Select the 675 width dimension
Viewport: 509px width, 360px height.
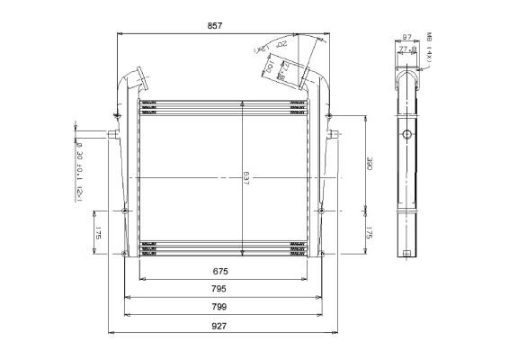point(219,271)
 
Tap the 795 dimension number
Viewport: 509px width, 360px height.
point(219,289)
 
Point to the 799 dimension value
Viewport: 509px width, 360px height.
point(219,307)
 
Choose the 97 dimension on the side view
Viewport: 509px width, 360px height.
point(406,37)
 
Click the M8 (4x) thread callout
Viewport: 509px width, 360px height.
point(431,47)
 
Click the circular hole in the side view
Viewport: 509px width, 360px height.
point(406,135)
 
